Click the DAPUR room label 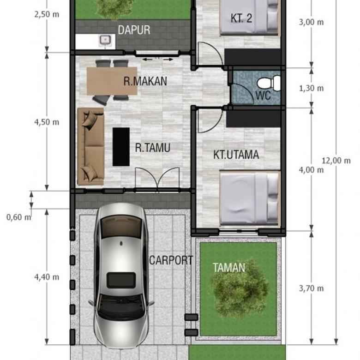134,30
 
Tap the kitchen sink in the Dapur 105,41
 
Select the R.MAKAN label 145,81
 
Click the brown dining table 112,81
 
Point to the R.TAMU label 152,148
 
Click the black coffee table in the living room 121,147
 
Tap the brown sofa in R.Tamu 90,146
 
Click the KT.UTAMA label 236,155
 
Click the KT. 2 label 241,18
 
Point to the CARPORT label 171,260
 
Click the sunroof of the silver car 121,280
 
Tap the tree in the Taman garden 240,289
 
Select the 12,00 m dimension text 336,161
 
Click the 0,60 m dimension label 19,217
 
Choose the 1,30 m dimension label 312,88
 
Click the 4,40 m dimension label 47,277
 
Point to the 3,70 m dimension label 312,288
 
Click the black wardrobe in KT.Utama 253,119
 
